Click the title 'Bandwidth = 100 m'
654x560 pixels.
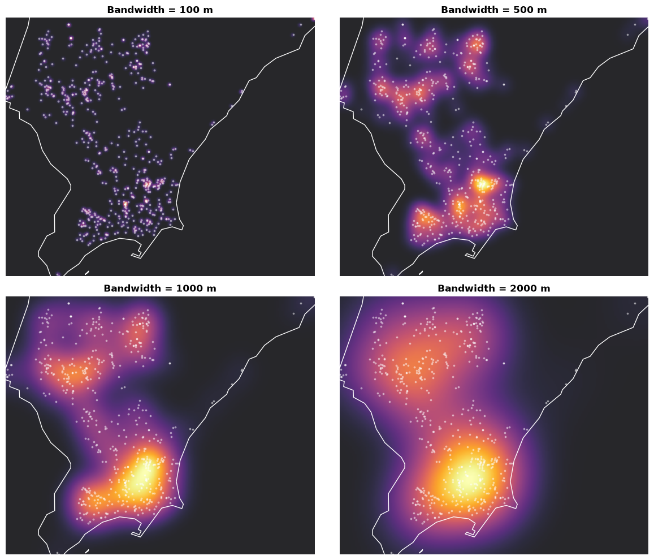(x=160, y=10)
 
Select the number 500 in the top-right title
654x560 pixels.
(x=514, y=10)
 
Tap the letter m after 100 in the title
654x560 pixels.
(x=208, y=11)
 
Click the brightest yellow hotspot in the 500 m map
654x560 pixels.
(x=483, y=184)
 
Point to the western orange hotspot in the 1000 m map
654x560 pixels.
(x=72, y=374)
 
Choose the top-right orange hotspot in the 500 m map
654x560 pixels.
(x=477, y=44)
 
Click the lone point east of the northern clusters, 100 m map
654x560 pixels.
(x=170, y=85)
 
